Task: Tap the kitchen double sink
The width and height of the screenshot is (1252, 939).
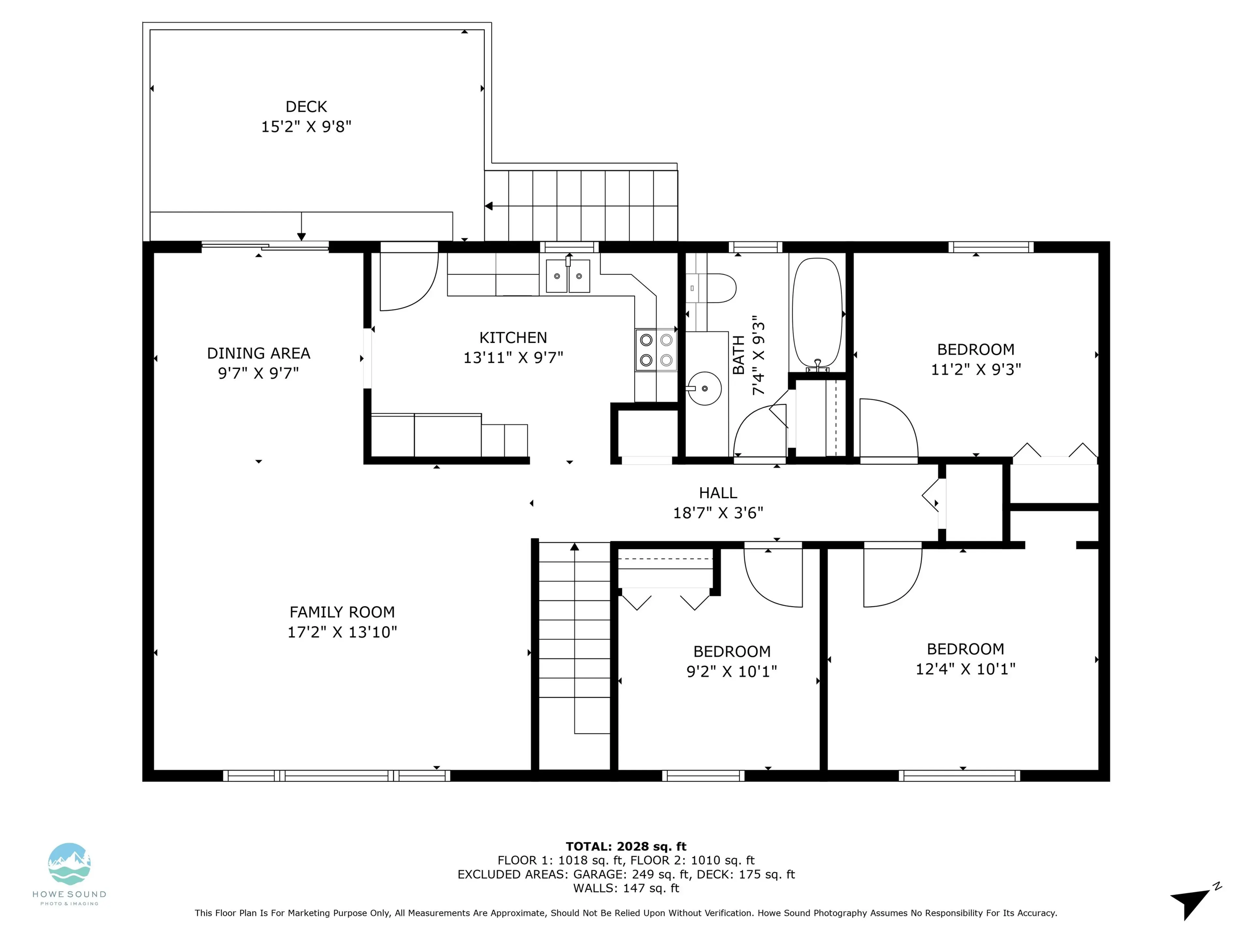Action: click(568, 276)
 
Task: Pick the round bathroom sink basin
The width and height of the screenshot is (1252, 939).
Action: click(704, 388)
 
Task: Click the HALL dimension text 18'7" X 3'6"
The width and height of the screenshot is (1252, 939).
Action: click(718, 513)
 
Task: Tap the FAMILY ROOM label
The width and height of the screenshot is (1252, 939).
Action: click(342, 612)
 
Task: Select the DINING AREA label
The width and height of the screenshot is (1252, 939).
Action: click(259, 353)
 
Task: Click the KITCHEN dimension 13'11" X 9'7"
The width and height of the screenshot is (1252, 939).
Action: click(513, 358)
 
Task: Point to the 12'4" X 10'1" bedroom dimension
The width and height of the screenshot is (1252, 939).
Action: click(965, 669)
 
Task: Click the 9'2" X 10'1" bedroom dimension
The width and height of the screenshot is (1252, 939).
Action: click(731, 671)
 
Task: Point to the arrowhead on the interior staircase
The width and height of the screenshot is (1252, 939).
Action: click(574, 547)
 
